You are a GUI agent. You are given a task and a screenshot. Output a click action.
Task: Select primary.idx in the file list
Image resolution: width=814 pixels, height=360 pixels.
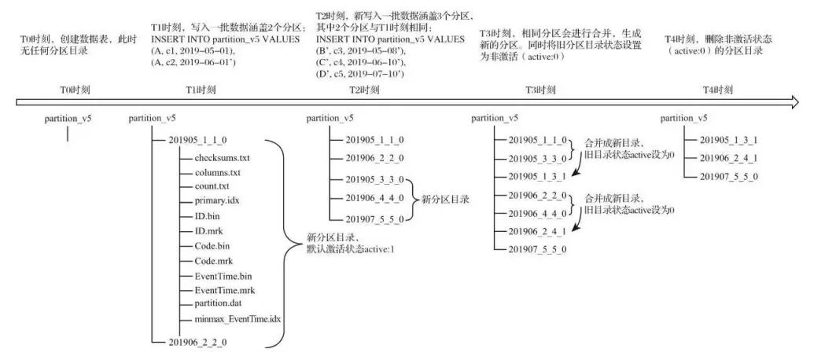click(216, 200)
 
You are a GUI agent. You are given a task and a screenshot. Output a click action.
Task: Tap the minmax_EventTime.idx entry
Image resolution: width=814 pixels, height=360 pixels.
click(237, 319)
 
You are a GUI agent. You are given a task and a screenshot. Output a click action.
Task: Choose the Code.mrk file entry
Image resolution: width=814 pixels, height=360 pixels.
click(216, 260)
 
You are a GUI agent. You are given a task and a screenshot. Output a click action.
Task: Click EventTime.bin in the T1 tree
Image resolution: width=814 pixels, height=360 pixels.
click(224, 275)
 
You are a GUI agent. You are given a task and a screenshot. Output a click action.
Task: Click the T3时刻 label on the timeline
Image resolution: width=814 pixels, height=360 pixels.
click(543, 89)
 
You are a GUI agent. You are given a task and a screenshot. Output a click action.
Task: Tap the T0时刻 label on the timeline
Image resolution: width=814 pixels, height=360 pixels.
click(68, 89)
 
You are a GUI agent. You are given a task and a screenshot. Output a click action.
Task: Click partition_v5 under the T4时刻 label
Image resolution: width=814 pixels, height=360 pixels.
click(683, 119)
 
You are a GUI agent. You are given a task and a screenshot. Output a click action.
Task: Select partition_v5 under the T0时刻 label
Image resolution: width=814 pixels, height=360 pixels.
click(68, 119)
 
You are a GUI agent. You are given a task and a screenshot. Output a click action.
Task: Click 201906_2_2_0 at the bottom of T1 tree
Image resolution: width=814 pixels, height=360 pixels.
click(197, 341)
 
